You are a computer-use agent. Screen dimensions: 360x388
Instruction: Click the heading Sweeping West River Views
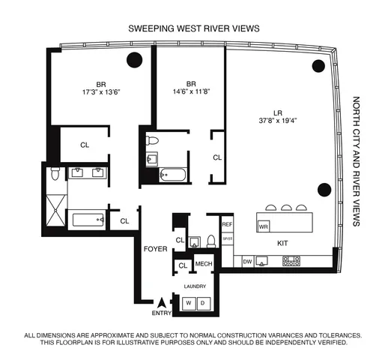(x=194, y=28)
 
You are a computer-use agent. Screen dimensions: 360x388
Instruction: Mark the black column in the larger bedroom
(x=135, y=61)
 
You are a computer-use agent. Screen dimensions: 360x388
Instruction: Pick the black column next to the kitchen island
(x=324, y=189)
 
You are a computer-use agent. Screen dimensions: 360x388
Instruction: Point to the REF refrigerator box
(x=228, y=224)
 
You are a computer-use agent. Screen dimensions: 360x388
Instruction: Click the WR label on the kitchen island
(x=263, y=225)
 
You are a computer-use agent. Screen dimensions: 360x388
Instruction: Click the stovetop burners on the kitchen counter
(x=291, y=262)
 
